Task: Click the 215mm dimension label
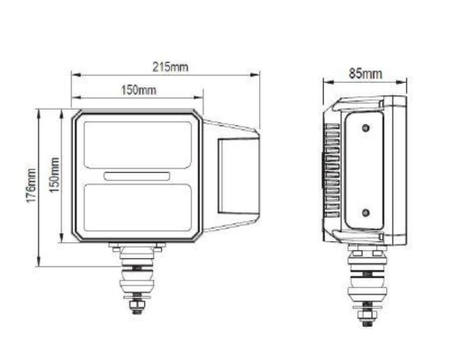point(170,67)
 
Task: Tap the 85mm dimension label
point(365,74)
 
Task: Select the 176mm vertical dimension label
point(31,185)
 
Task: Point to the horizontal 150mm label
point(139,89)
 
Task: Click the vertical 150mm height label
point(54,175)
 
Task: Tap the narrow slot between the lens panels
point(137,176)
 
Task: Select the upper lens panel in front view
point(138,145)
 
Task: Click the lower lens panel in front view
point(138,208)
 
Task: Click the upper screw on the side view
point(365,128)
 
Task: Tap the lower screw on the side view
point(365,213)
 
